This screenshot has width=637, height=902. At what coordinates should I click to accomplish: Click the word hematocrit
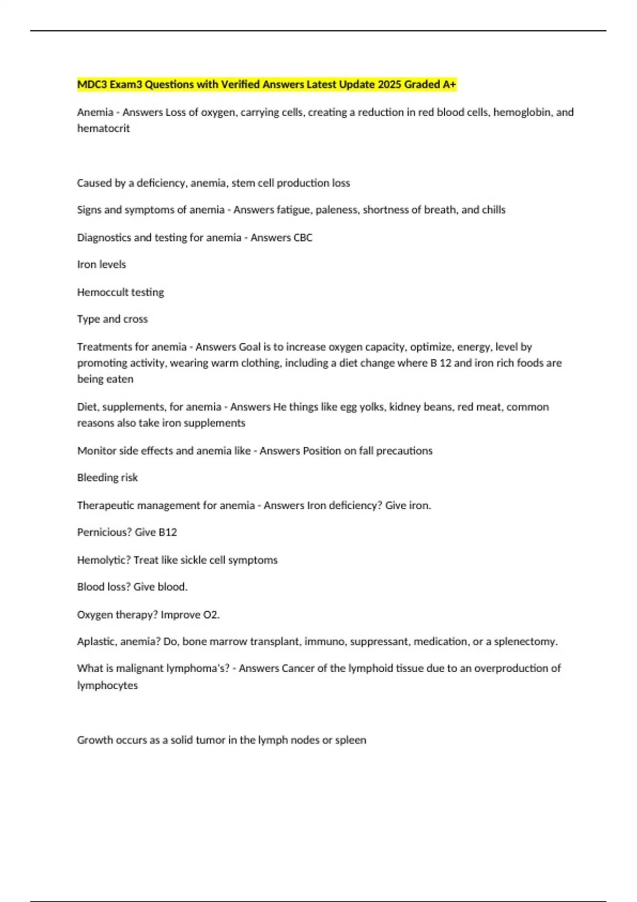coord(104,128)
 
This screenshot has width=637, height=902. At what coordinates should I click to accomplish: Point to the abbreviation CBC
coord(303,238)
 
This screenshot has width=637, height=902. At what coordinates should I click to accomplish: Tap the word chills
coord(494,210)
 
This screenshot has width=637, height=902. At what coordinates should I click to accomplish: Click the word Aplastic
coord(97,641)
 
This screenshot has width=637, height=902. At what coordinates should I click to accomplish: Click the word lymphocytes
coord(107,686)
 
